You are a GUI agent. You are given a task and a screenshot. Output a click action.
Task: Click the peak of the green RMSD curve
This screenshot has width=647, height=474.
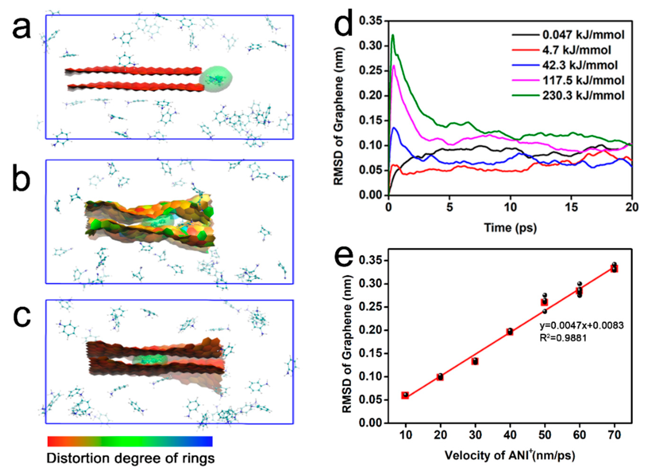point(393,35)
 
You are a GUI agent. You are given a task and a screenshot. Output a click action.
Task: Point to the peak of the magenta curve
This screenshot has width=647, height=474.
point(394,65)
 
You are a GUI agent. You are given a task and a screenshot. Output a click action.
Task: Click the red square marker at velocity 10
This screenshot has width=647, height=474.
point(405,395)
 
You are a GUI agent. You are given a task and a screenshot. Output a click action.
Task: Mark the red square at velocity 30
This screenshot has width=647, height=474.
point(475,361)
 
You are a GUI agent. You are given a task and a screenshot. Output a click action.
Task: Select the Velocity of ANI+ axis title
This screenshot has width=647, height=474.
point(510,456)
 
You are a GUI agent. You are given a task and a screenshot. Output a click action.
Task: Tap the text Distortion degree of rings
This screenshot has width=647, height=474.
point(130,458)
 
